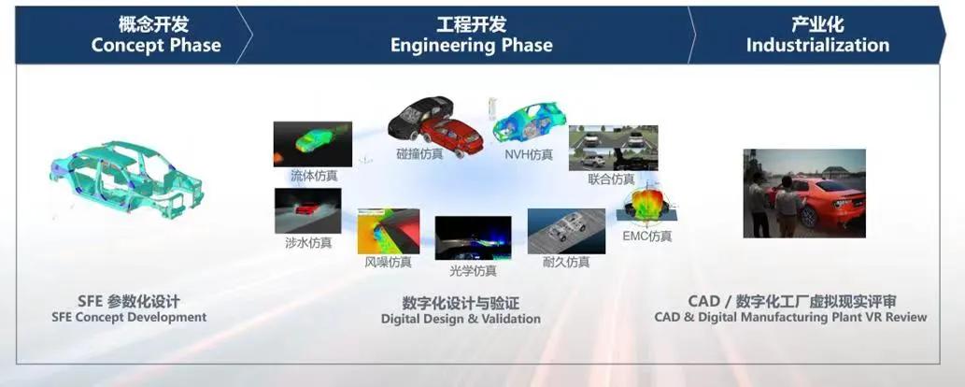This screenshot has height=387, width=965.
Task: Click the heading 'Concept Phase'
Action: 156,45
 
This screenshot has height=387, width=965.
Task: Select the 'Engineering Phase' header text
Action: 472,45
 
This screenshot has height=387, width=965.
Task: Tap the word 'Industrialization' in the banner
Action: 817,45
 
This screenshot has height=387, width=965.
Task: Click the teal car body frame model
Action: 126,179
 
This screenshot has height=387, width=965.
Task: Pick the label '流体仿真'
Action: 314,177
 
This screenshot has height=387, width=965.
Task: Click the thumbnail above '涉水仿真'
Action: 307,210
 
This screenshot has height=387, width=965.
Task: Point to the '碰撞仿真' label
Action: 419,154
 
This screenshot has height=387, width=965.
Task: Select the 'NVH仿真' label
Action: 529,154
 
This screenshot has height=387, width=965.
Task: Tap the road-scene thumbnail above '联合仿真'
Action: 613,148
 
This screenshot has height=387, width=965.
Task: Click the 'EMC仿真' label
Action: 647,236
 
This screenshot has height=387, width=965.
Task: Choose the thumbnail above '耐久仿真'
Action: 566,231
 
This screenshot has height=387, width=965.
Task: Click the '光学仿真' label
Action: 473,270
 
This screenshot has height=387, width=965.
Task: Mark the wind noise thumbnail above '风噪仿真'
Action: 389,231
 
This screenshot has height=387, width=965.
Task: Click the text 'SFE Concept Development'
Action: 129,318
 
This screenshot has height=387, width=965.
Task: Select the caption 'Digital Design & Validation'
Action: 461,319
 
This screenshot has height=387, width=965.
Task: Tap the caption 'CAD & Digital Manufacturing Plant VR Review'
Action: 790,318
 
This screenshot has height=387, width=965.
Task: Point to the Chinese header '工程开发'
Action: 472,24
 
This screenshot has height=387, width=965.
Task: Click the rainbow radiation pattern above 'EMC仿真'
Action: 646,204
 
